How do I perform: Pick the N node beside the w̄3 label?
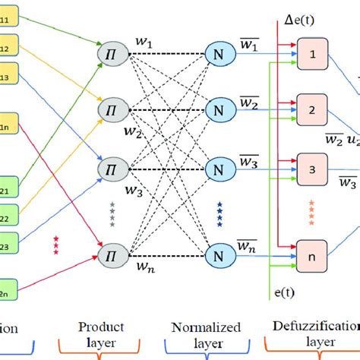[x=217, y=168]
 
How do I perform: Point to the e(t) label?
[x=285, y=291]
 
